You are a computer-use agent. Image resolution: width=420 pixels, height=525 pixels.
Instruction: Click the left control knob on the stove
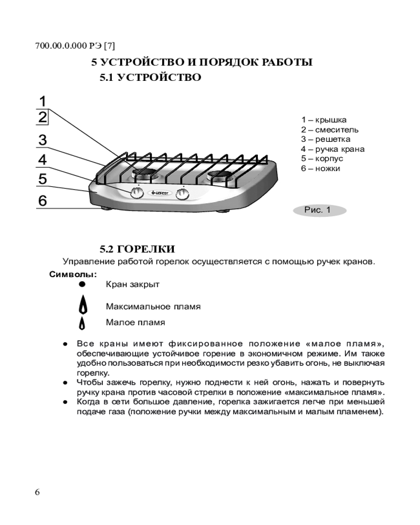136,193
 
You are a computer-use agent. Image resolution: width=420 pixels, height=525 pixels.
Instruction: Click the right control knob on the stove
183,194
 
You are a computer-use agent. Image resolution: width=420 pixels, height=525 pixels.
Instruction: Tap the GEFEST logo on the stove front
160,193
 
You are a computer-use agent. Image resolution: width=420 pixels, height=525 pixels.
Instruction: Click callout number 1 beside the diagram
43,101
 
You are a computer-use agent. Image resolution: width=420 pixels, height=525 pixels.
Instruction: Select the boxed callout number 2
43,117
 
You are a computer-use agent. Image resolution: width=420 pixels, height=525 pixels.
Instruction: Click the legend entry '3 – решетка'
325,139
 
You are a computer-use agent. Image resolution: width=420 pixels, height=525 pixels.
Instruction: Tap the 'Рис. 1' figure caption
318,211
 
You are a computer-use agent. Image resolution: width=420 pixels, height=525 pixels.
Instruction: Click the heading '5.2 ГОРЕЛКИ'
138,248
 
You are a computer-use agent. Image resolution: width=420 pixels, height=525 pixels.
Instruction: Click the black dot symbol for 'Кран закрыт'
82,284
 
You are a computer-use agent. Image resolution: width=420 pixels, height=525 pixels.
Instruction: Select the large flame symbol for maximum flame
82,305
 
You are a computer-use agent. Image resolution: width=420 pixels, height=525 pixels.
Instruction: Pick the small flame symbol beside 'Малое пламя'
82,323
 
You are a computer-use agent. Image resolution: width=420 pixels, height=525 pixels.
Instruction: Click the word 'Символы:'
73,274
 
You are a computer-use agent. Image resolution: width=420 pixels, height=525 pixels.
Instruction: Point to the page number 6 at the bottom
37,492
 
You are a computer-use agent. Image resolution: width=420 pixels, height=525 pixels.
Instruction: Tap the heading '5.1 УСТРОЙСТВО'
151,78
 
